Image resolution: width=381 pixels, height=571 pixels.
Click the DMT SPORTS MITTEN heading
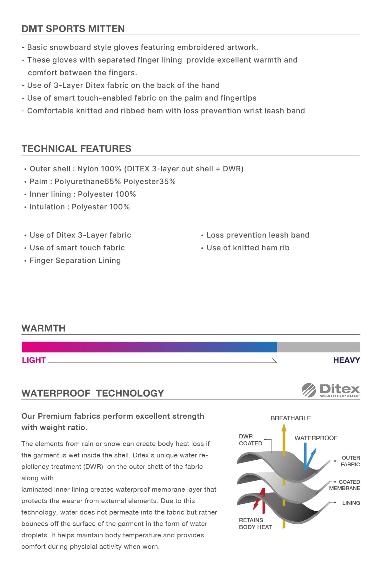point(73,29)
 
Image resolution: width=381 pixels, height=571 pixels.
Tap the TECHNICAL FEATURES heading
point(76,149)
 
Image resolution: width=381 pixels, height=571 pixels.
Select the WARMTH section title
point(43,328)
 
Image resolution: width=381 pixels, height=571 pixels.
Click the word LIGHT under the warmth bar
point(34,360)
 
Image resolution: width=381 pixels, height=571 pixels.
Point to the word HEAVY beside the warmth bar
point(346,360)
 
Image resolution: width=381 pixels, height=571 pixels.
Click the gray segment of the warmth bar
point(318,347)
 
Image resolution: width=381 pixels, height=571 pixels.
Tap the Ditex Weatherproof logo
point(331,390)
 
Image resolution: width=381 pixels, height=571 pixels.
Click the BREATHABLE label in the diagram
point(291,418)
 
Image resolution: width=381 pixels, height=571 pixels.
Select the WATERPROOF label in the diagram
point(316,438)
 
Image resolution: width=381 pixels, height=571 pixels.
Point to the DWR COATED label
point(251,440)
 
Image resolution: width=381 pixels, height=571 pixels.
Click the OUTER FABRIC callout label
point(351,461)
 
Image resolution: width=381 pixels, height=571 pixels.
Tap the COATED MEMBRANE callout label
point(345,485)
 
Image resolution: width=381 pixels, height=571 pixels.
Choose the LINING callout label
point(351,503)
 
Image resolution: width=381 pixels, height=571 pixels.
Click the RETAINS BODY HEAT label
point(255,524)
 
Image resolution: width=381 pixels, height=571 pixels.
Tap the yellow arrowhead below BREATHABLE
point(284,428)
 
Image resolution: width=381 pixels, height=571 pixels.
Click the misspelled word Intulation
point(47,207)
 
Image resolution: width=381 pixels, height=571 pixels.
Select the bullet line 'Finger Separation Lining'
point(75,261)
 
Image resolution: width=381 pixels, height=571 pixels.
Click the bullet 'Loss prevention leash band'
point(258,235)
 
